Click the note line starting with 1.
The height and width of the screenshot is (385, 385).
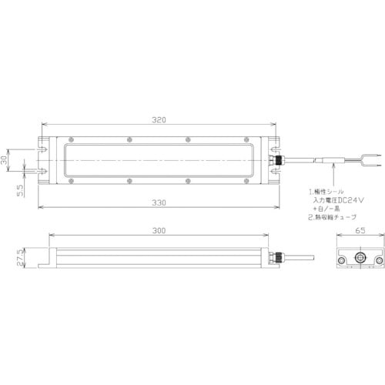330,189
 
